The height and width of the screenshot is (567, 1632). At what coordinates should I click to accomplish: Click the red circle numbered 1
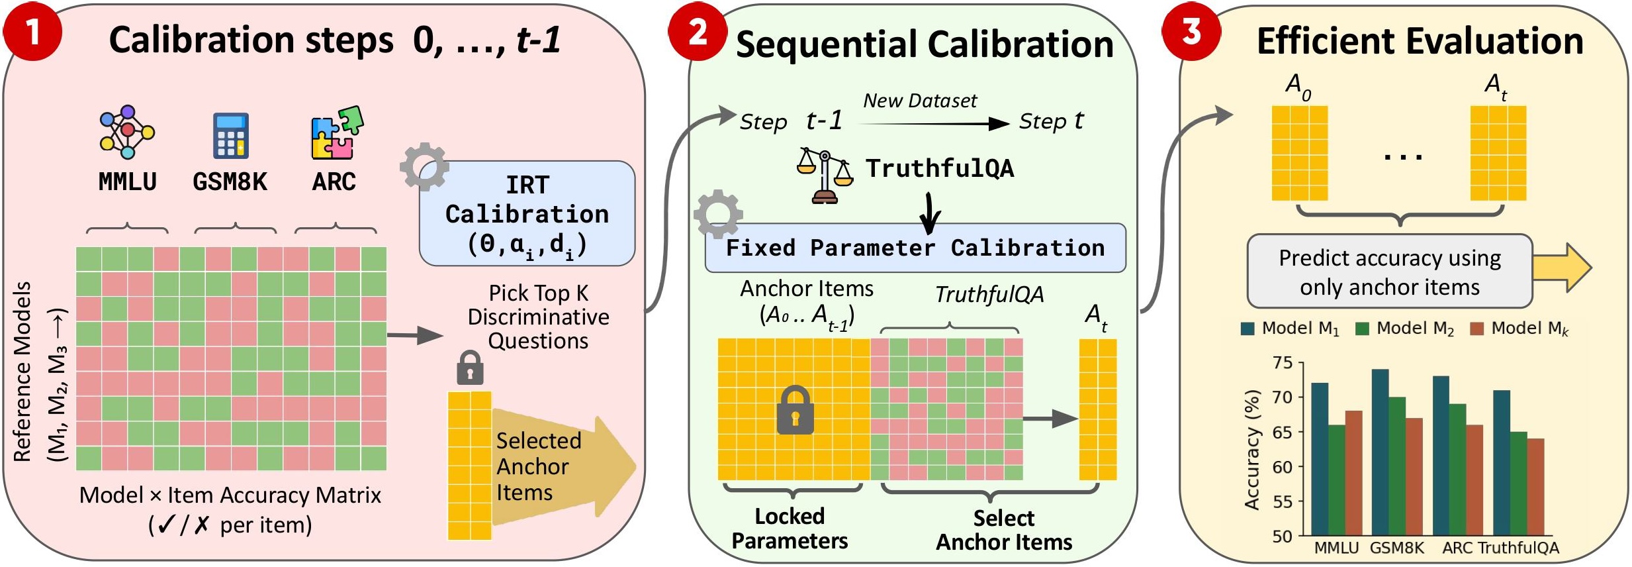point(32,31)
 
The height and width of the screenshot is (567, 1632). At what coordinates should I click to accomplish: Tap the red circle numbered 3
point(1191,31)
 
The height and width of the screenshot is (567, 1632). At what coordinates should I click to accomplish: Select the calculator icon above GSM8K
point(230,136)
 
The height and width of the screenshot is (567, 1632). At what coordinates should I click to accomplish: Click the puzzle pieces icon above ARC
point(336,133)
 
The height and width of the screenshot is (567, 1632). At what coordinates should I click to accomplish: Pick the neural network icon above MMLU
point(127,132)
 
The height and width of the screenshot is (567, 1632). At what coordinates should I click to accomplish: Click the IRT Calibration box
point(527,214)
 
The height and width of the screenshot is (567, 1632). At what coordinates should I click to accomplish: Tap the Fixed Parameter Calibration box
point(915,248)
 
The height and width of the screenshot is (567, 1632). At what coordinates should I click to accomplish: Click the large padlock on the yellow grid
point(795,410)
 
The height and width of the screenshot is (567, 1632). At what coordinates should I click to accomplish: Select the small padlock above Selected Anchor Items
point(470,368)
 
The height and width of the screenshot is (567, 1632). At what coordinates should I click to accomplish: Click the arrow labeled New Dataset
point(933,123)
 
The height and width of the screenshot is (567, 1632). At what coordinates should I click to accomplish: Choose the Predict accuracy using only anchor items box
point(1389,272)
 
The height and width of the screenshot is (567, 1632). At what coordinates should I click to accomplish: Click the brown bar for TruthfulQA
point(1535,486)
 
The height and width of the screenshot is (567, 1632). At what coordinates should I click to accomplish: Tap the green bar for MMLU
point(1337,480)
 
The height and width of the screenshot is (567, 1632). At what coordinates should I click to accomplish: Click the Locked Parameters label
point(790,529)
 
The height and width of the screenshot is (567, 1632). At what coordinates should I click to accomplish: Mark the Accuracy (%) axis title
point(1251,450)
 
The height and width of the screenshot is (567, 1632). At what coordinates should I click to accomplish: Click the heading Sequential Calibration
point(925,44)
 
